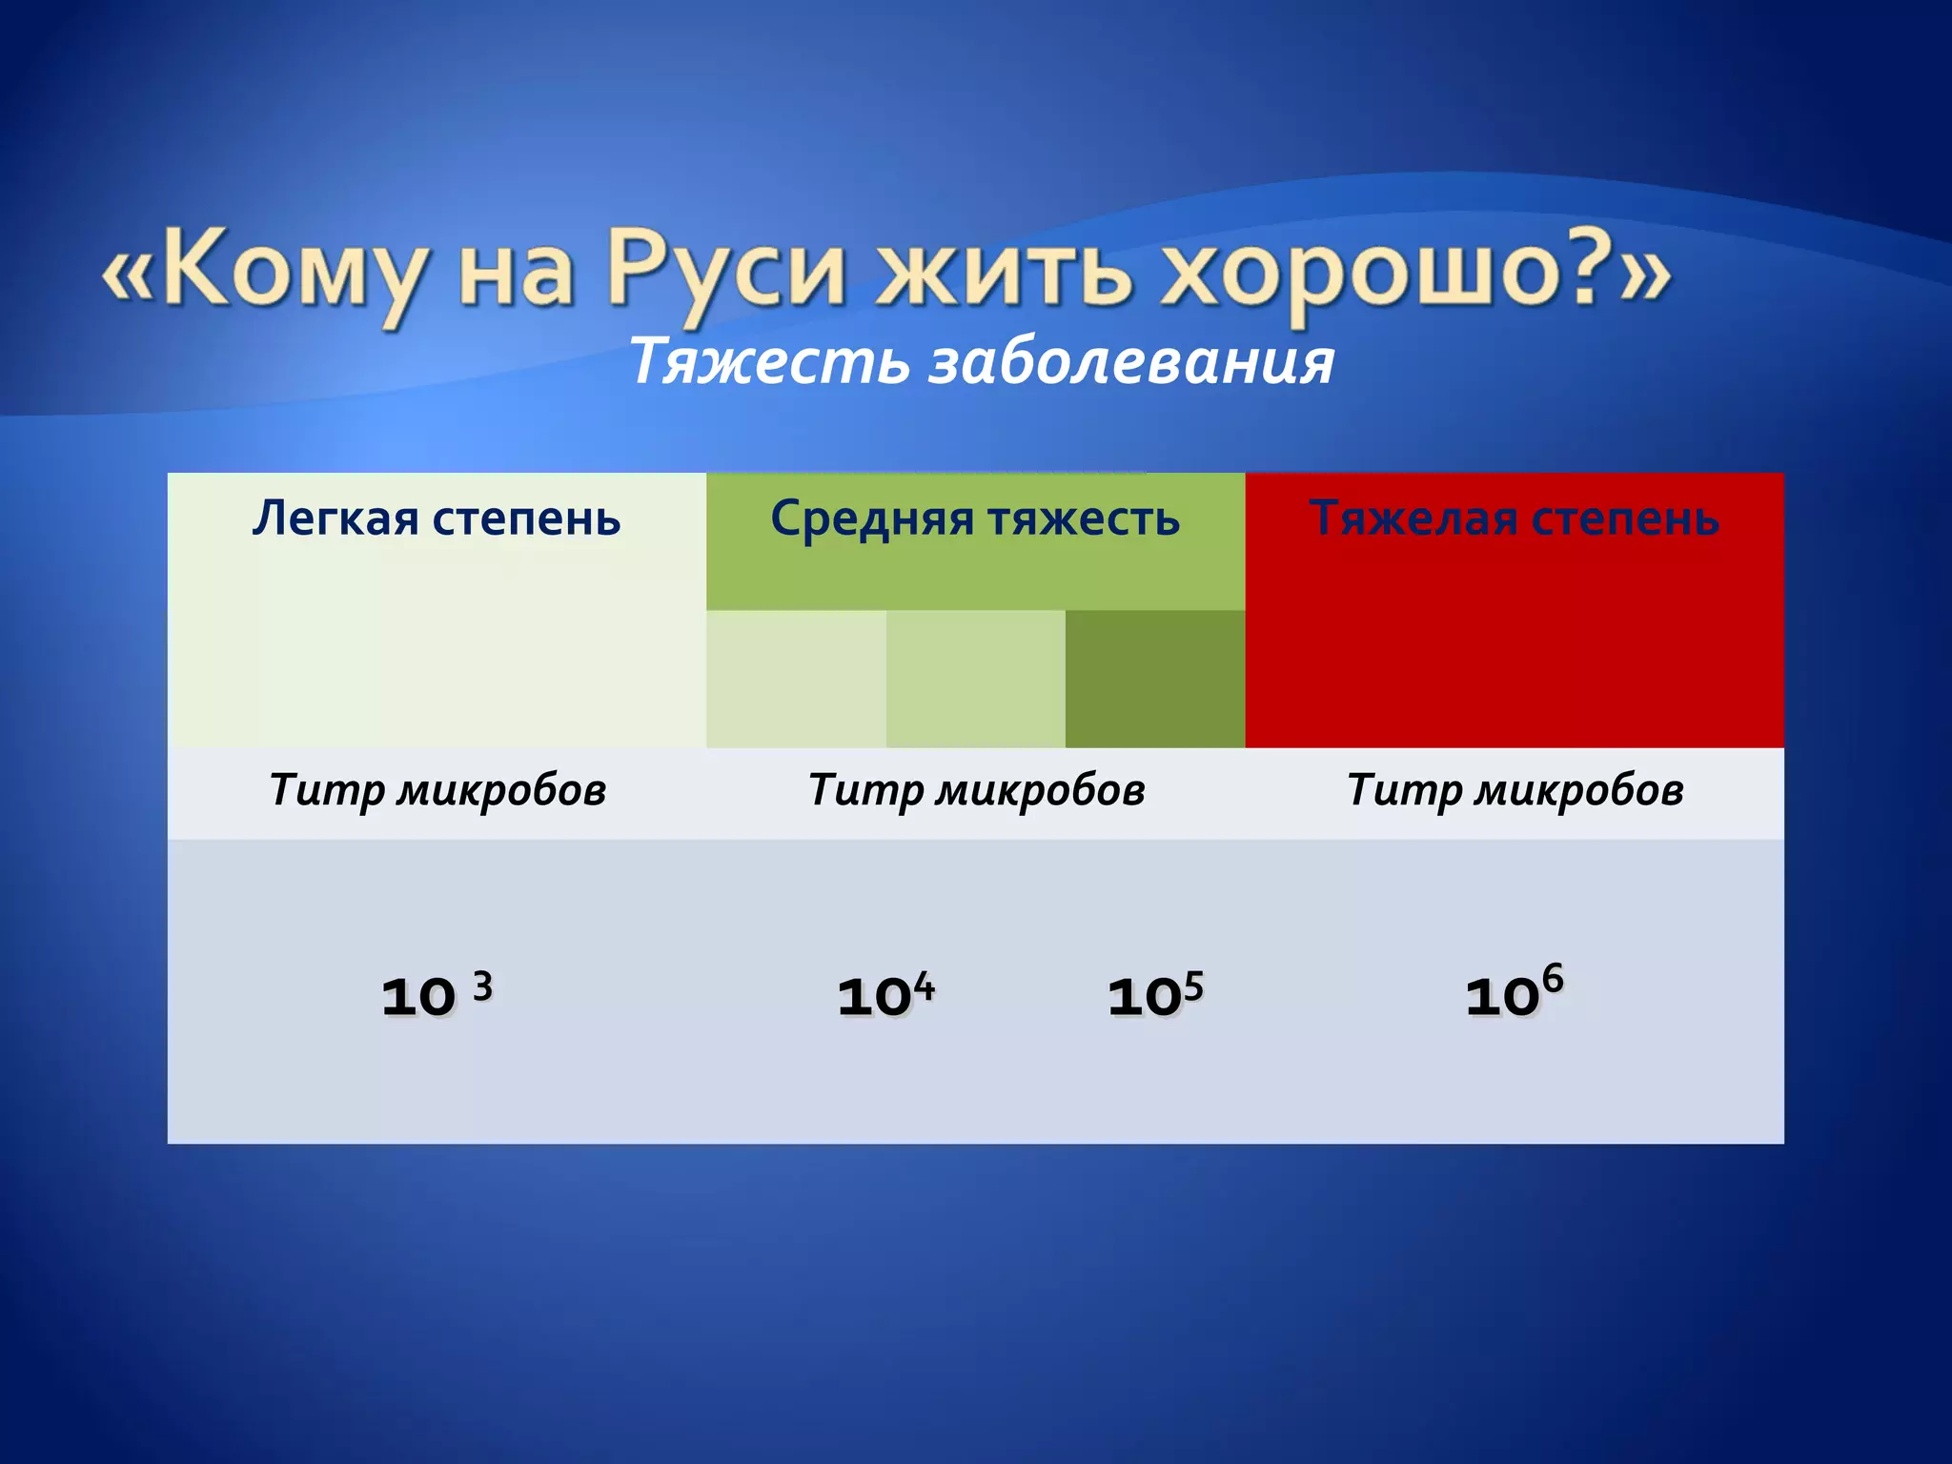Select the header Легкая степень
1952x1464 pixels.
[437, 519]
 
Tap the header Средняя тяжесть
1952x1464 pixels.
[975, 519]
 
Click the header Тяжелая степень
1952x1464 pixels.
[1514, 519]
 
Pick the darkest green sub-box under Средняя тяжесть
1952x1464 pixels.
[1154, 679]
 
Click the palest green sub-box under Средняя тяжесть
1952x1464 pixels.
[796, 679]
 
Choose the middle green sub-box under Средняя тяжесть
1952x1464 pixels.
[975, 679]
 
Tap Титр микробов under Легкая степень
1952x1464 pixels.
[437, 790]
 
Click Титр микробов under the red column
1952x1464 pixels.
[1515, 790]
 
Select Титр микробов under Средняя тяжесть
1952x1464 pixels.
[976, 790]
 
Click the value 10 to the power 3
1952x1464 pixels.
[437, 995]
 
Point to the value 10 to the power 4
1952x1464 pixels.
[885, 995]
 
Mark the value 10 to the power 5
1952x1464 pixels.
[1155, 995]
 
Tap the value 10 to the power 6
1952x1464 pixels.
[1514, 993]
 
